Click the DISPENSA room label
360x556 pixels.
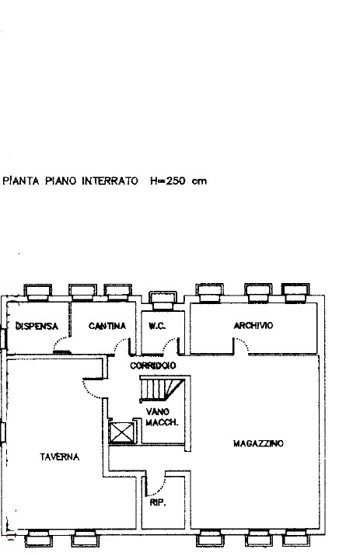37,326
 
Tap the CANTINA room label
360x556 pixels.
107,326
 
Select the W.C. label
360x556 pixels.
157,326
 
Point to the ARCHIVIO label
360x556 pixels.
253,325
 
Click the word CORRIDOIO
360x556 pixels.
153,365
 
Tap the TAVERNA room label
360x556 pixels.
60,457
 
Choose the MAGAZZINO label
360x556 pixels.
259,443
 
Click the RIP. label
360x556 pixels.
158,502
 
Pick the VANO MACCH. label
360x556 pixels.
162,417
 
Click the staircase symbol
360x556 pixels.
163,390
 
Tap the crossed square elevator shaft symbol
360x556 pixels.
122,432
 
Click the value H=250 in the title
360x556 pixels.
168,181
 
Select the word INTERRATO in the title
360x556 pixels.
110,181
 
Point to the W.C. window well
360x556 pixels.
163,301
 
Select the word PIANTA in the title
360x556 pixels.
21,181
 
